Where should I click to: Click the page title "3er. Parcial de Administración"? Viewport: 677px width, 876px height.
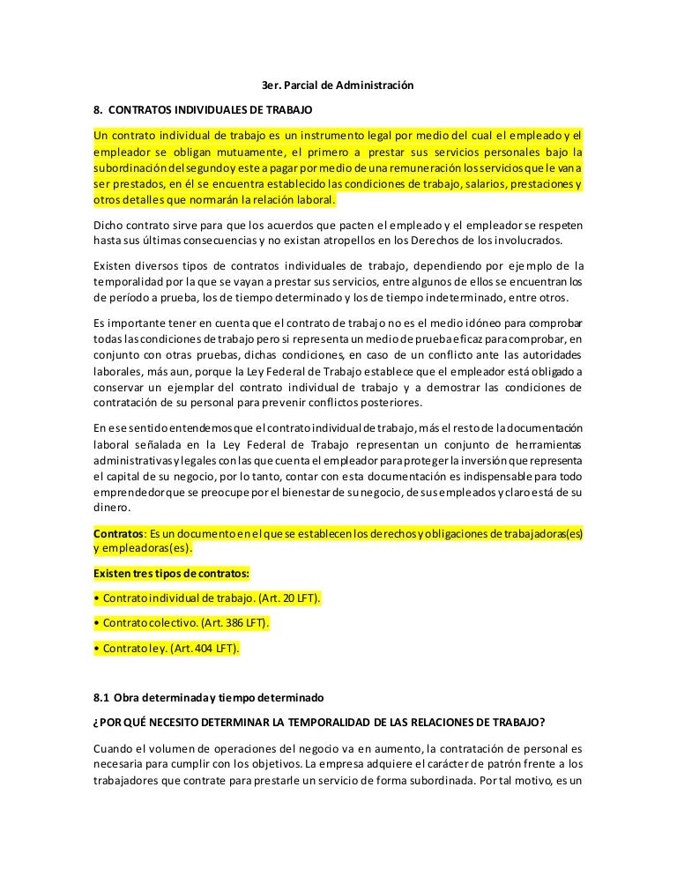point(338,85)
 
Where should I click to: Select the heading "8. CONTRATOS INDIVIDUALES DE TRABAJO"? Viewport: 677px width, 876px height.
point(202,112)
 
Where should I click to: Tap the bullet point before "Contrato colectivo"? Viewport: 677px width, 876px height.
point(96,623)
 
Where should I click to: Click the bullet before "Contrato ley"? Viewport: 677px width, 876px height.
point(96,649)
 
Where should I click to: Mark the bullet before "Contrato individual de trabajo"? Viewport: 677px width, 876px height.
point(96,598)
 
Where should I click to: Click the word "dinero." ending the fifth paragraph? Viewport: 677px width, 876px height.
point(111,508)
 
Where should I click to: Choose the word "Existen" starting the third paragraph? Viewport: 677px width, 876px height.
point(113,266)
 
